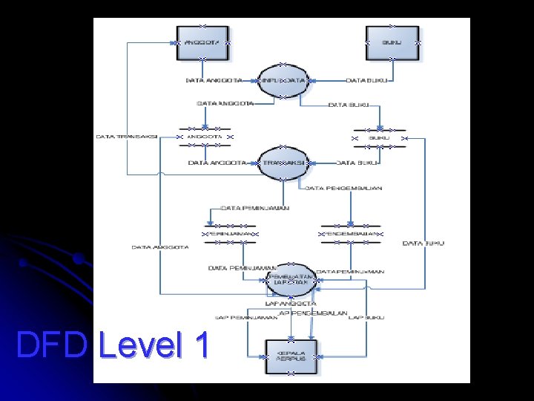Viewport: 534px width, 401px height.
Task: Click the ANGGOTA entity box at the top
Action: [202, 43]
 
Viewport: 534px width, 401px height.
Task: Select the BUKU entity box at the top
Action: [392, 43]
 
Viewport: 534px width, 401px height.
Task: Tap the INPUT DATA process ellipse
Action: [283, 80]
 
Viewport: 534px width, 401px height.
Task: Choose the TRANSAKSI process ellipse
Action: [283, 163]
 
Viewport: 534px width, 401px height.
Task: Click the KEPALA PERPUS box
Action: [291, 356]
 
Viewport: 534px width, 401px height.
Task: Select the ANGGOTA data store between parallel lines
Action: [205, 137]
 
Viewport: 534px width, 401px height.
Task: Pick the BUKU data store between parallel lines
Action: [379, 138]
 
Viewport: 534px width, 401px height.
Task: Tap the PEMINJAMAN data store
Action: [229, 234]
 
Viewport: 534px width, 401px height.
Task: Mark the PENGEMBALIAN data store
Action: [352, 234]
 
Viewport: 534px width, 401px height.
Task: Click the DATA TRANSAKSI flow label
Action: [126, 137]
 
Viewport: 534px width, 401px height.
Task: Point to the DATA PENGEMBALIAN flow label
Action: [344, 189]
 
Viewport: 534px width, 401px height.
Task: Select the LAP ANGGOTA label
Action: [291, 303]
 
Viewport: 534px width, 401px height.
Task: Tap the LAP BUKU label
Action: [366, 318]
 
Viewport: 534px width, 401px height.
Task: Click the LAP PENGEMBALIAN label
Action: [314, 313]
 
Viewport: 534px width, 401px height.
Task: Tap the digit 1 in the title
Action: [200, 345]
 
